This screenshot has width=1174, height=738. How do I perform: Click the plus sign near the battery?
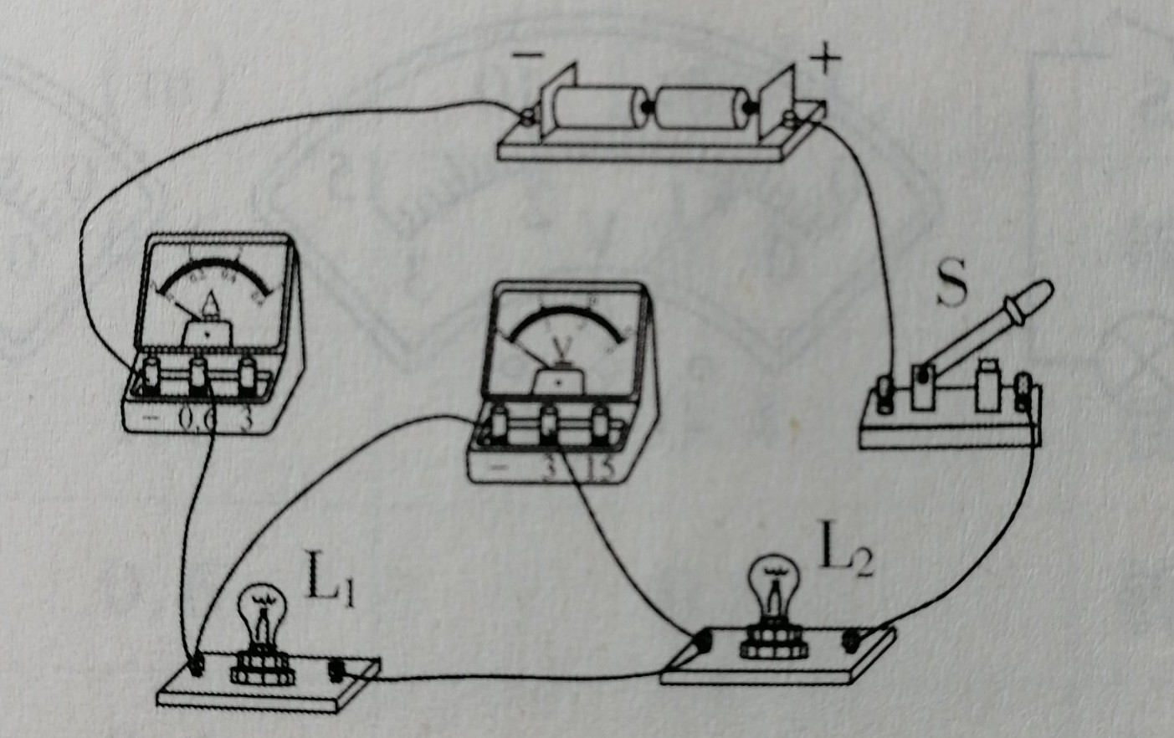point(825,59)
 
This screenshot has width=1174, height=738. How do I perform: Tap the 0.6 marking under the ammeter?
point(198,418)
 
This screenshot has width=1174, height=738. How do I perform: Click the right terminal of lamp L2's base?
point(854,640)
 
